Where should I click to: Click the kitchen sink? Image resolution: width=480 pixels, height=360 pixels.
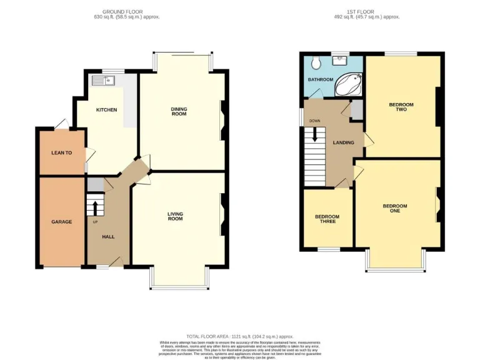point(102,80)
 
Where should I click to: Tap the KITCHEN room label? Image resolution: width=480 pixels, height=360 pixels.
point(106,110)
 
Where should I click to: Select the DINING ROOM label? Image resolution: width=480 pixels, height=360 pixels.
point(179,111)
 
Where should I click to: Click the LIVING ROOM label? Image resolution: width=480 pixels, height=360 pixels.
point(175,216)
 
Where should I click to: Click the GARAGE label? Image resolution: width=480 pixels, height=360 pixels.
point(61,222)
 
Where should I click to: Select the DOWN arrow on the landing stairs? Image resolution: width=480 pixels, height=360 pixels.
point(315,134)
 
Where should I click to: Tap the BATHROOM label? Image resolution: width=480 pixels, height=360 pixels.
point(320,80)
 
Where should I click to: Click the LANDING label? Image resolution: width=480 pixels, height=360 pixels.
point(343,142)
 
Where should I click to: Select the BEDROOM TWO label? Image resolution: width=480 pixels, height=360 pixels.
point(401,107)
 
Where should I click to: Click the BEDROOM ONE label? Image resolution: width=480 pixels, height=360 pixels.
point(395,208)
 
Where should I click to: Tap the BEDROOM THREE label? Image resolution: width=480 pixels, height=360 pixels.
point(327,219)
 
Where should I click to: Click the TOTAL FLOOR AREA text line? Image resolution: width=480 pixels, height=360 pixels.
point(239,336)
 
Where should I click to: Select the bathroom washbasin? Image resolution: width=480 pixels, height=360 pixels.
point(339,61)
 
